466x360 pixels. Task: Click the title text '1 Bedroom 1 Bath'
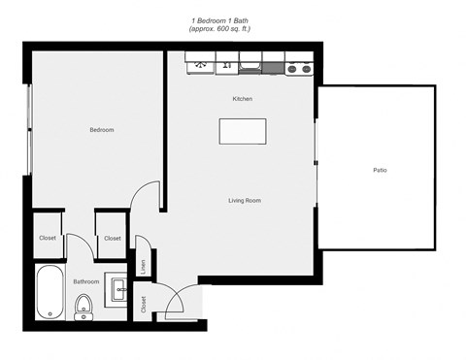click(x=220, y=19)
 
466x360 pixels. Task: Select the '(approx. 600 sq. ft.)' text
click(x=220, y=28)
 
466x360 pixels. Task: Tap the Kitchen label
click(x=243, y=99)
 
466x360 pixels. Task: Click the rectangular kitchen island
click(x=243, y=130)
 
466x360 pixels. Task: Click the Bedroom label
click(x=102, y=130)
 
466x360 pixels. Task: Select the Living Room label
click(x=245, y=201)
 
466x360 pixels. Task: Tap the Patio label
click(x=380, y=170)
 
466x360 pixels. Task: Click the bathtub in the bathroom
click(x=49, y=292)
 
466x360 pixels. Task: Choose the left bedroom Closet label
click(x=48, y=238)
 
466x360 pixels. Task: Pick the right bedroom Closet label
click(x=113, y=238)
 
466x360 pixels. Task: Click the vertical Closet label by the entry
click(x=143, y=306)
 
